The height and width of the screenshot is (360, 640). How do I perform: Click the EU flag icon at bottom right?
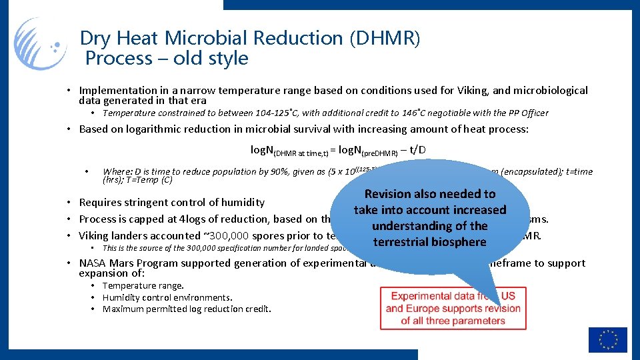tap(607, 339)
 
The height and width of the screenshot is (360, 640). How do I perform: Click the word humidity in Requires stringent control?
tap(239, 202)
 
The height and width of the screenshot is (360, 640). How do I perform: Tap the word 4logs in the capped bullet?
tap(194, 219)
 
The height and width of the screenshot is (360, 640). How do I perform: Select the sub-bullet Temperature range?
tap(143, 285)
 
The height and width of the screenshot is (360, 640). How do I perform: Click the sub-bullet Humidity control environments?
tap(167, 297)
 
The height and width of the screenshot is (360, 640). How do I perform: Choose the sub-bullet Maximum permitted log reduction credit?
tap(187, 309)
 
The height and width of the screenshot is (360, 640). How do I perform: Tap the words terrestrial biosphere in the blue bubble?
tap(429, 241)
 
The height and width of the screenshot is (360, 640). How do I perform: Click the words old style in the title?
tap(211, 59)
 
